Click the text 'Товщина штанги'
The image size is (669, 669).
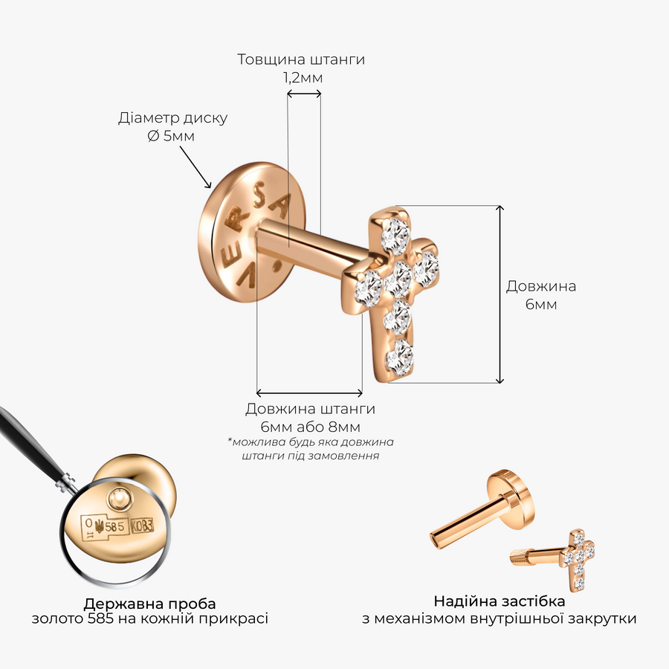pos(301,59)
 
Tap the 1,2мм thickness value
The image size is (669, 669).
pos(303,77)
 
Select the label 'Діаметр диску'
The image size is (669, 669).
pos(172,117)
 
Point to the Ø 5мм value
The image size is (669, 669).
pos(171,136)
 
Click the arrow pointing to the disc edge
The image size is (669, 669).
pos(195,167)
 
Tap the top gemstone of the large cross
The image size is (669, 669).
pos(396,235)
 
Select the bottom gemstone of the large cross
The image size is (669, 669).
pos(399,357)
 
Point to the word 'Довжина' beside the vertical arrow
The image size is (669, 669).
pos(541,286)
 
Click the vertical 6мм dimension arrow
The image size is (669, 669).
pos(500,294)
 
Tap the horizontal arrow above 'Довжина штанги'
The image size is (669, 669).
pos(309,392)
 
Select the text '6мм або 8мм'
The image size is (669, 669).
pos(310,427)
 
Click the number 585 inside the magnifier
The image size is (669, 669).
pos(114,527)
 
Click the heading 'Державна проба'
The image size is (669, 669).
pos(149,604)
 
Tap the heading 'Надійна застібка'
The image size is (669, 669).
pos(500,601)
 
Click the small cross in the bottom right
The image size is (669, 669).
pos(578,559)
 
